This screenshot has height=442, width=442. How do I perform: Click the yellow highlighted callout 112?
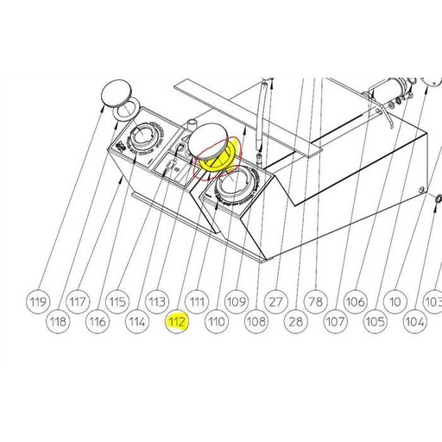[x=178, y=322]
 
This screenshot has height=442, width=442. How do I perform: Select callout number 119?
[x=37, y=301]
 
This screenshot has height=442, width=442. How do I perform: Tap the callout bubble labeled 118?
[x=57, y=322]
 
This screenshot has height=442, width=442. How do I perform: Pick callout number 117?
[x=78, y=301]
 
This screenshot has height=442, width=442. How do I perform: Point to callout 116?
[x=98, y=322]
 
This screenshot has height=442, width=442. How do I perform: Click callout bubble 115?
[x=117, y=301]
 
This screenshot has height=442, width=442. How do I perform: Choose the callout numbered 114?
[x=137, y=322]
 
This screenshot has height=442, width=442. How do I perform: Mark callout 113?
[x=157, y=301]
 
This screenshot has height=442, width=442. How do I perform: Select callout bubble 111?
[x=198, y=301]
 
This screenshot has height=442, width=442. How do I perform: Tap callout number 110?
[x=217, y=322]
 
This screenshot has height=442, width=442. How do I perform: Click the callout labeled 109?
[x=237, y=301]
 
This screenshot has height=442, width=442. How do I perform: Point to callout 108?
[x=256, y=322]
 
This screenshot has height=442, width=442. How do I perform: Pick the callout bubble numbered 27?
[x=275, y=301]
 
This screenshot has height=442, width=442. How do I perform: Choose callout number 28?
[x=296, y=322]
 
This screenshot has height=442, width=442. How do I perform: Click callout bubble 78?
[x=315, y=301]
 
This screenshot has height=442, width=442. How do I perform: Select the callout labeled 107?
[x=335, y=322]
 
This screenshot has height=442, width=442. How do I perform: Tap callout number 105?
[x=375, y=322]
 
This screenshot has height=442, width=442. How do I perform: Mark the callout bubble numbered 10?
[x=395, y=301]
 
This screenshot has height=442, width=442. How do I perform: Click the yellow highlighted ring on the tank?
[x=213, y=155]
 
